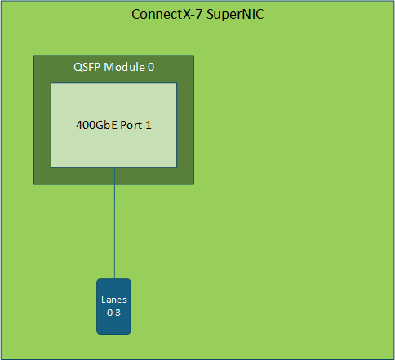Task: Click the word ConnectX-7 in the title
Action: (166, 14)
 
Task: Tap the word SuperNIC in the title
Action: (235, 14)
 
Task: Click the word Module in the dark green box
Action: (124, 67)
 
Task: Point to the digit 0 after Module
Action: (151, 67)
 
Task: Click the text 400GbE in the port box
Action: (96, 125)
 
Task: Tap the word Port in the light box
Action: (131, 125)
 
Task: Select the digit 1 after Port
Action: (149, 125)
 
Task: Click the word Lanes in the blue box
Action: (114, 300)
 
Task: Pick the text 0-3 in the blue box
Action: (113, 313)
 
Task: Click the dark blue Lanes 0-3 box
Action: (113, 306)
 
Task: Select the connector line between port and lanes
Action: (113, 223)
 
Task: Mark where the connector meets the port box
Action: (113, 167)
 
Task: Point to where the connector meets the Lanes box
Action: (113, 278)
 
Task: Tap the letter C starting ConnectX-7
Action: (135, 15)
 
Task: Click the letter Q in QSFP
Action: (78, 68)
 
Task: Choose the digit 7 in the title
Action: (199, 15)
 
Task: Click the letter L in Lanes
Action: (103, 300)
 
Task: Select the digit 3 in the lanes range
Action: (118, 313)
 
